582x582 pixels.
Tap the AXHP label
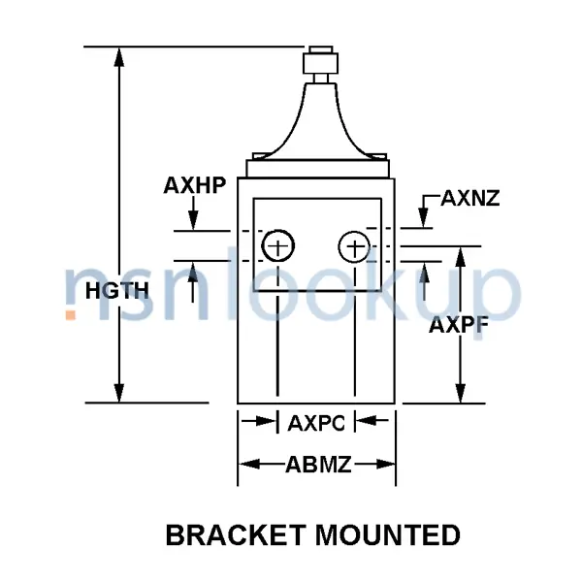tap(194, 185)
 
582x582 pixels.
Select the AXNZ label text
tap(470, 199)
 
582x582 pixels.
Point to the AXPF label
tap(458, 325)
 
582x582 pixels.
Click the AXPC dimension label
tap(317, 422)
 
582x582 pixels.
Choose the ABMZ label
tap(317, 465)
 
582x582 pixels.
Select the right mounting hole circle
tap(354, 247)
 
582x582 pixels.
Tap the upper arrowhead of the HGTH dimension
tap(120, 56)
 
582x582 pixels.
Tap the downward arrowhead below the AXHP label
tap(194, 221)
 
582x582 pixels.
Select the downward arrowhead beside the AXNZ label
tap(423, 218)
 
